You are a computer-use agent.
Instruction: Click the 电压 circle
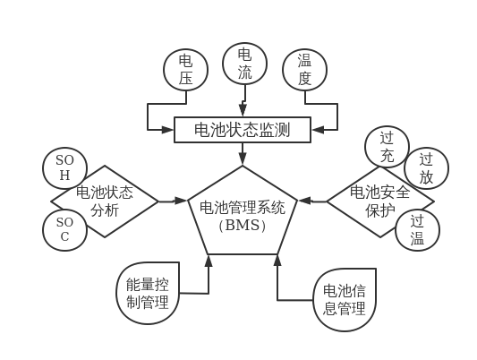(185, 70)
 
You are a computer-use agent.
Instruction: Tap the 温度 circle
(304, 70)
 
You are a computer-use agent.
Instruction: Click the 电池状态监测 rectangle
(243, 130)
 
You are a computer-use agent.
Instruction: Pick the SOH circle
(65, 167)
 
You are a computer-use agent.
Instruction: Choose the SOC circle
(65, 229)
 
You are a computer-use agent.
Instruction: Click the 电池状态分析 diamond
(105, 201)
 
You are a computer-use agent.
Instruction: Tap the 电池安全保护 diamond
(379, 201)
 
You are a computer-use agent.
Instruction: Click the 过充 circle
(388, 147)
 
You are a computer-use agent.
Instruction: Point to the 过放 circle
(426, 168)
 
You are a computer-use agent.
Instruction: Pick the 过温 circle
(417, 229)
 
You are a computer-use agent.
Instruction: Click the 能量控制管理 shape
(148, 294)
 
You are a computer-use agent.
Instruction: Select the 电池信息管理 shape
(344, 299)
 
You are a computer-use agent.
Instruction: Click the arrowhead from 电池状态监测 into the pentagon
(243, 159)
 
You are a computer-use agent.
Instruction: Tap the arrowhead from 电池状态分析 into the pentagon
(180, 201)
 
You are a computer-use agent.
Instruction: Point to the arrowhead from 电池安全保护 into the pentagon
(305, 201)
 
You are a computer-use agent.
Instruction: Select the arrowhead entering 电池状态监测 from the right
(318, 130)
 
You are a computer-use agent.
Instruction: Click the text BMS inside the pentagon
(243, 226)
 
